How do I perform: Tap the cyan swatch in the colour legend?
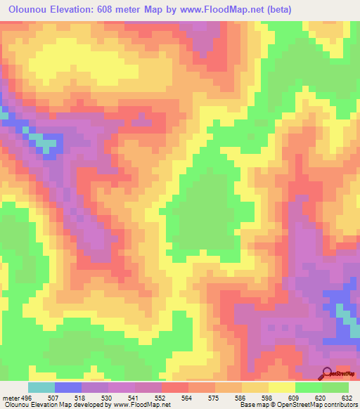tap(41, 387)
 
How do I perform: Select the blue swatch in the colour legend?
tap(68, 387)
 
